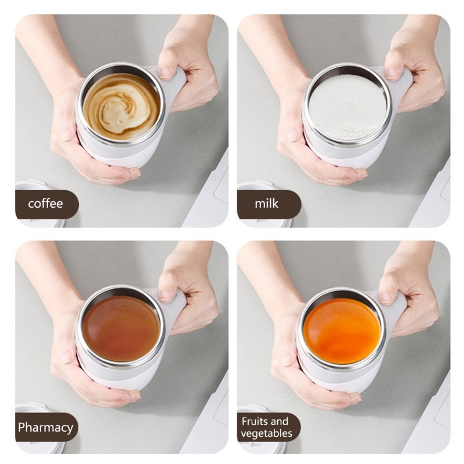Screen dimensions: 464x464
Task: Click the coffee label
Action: (45, 204)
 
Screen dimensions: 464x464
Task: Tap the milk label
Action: (267, 204)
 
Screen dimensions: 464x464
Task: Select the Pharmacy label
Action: (45, 428)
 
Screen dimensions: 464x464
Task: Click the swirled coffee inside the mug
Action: (121, 106)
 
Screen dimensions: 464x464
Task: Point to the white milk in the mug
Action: (347, 106)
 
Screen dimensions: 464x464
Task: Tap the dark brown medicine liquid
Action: (121, 328)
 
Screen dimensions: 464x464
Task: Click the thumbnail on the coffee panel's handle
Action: (166, 72)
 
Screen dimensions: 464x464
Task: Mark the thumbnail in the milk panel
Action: (392, 72)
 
